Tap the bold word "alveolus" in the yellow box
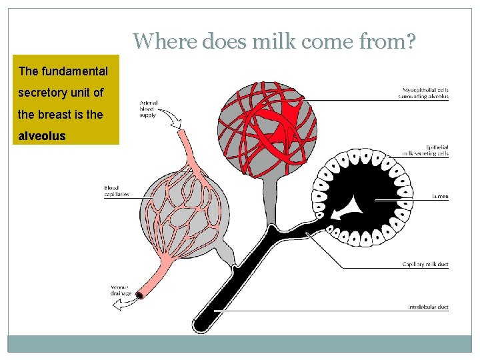42,136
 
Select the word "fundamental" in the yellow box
77,71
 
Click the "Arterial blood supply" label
149,109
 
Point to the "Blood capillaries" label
116,191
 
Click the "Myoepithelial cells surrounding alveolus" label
425,93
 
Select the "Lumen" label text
439,197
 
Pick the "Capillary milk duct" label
425,265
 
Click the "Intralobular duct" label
428,307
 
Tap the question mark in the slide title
411,42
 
